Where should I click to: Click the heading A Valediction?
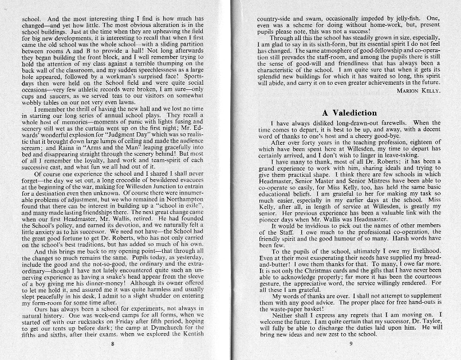(349, 112)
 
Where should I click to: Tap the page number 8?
(113, 343)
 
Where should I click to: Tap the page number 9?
(350, 343)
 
